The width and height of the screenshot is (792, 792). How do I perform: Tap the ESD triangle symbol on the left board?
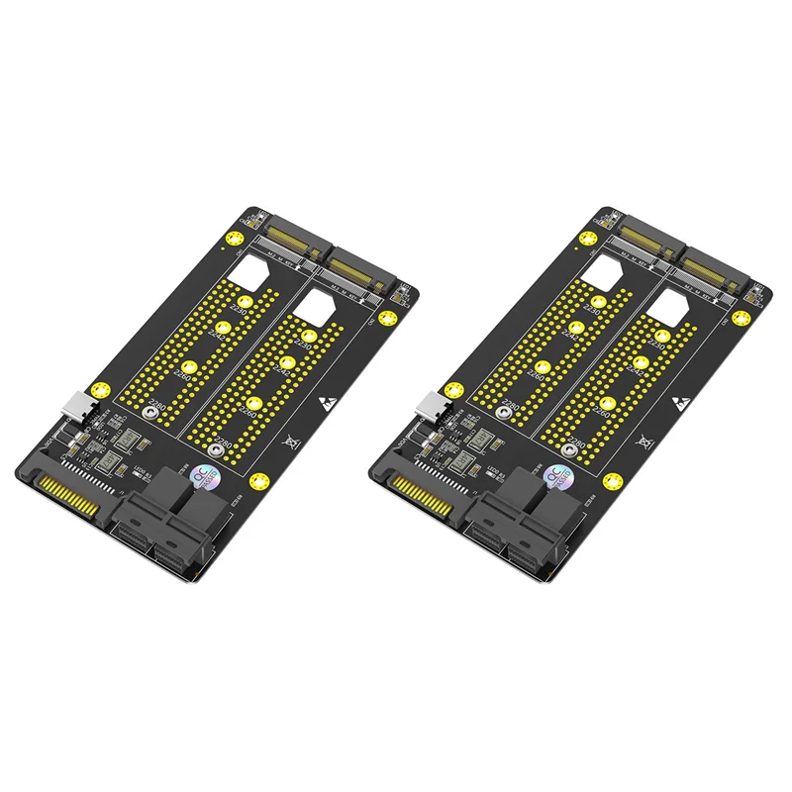(326, 404)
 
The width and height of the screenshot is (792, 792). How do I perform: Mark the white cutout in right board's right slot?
(665, 308)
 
